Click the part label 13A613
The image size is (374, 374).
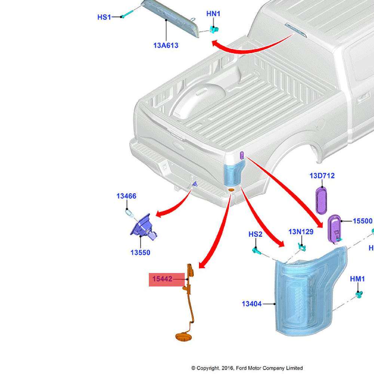tap(166, 46)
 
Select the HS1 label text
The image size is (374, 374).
tap(104, 17)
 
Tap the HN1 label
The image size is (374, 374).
tap(213, 14)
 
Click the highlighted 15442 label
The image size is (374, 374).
tap(162, 279)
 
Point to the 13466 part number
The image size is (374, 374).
tap(126, 196)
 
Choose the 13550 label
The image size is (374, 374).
tap(140, 252)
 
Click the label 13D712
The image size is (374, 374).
tap(322, 176)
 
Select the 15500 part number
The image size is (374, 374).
tap(363, 221)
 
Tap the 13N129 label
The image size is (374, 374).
tap(301, 232)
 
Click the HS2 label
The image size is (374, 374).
tap(255, 234)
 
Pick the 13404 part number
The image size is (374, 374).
tap(252, 304)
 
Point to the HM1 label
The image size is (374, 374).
tap(357, 279)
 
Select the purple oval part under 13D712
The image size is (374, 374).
tap(322, 201)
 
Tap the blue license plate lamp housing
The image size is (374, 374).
tap(141, 226)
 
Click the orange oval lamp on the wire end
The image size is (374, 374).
tap(183, 336)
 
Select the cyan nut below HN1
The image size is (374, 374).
tap(215, 29)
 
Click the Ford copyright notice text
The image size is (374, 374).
tap(247, 368)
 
